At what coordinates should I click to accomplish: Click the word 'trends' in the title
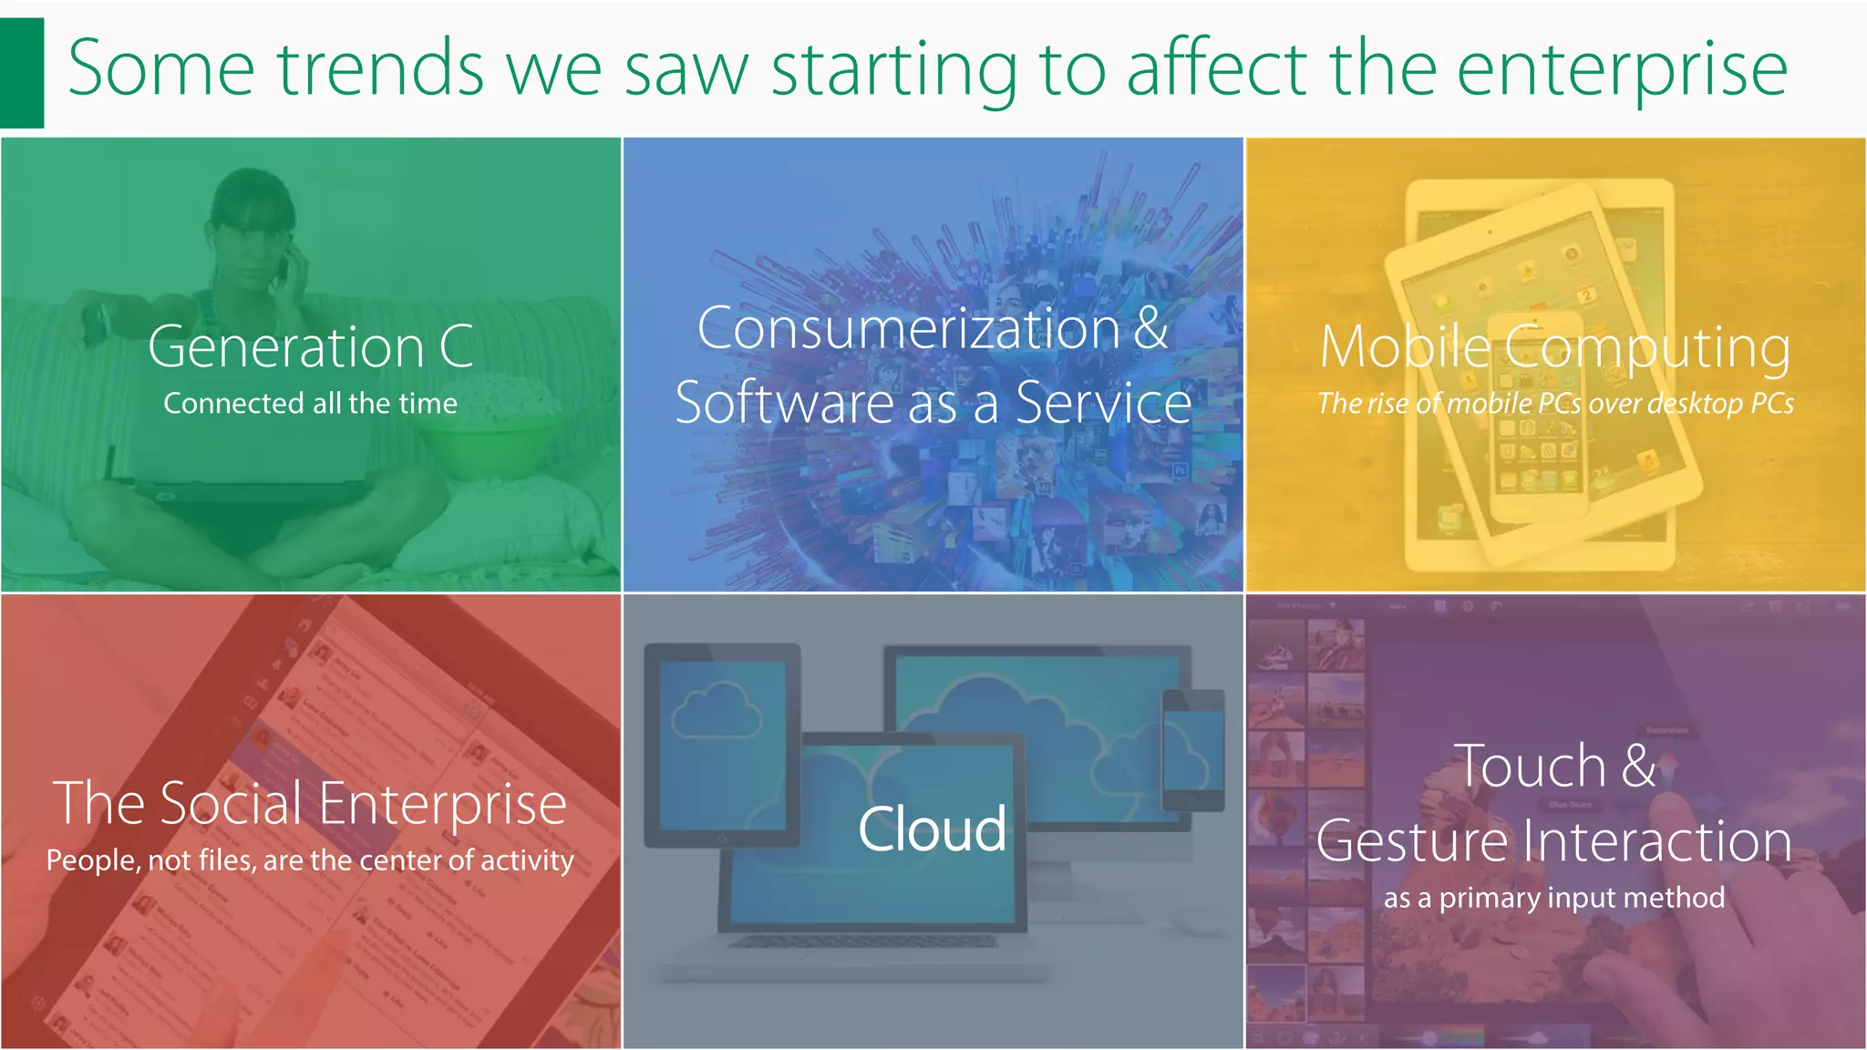[380, 69]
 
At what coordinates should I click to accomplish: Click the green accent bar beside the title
[21, 73]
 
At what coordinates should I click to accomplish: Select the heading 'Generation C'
[310, 347]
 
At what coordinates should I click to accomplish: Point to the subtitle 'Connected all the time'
[310, 403]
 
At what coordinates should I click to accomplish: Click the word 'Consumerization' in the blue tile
[908, 328]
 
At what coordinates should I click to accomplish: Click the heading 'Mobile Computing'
[1554, 347]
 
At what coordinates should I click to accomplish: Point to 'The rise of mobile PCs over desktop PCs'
[1554, 403]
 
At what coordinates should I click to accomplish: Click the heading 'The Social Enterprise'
[310, 804]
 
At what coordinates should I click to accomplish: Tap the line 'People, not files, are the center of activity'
[310, 860]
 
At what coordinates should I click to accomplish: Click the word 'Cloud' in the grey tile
[932, 829]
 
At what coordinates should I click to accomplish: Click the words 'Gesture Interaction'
[1554, 840]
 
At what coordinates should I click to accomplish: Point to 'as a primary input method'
[1554, 898]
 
